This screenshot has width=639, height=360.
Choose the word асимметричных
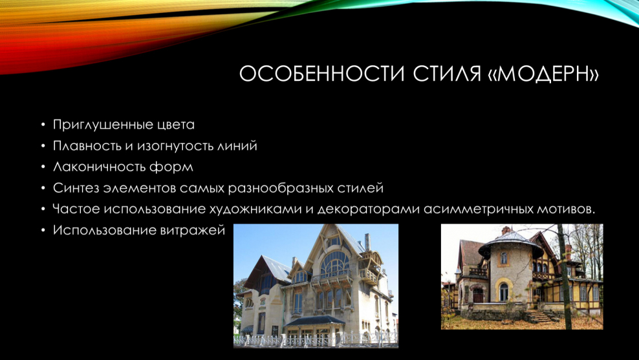[x=479, y=210]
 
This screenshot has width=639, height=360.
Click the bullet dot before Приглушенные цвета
[x=43, y=125]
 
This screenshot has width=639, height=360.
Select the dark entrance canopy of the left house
[x=315, y=321]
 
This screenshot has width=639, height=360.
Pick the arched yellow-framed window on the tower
[x=503, y=291]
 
